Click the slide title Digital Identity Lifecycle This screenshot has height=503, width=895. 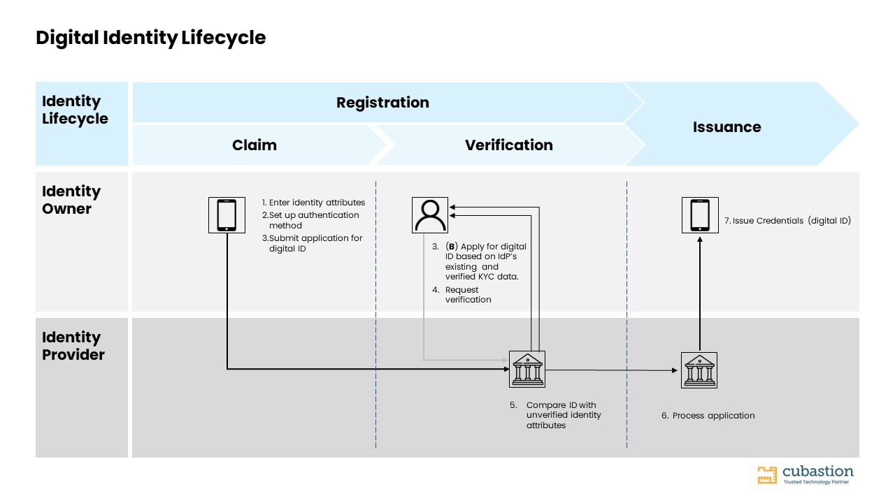pyautogui.click(x=150, y=38)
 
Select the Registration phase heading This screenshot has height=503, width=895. pyautogui.click(x=382, y=103)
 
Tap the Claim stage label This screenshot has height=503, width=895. pyautogui.click(x=254, y=145)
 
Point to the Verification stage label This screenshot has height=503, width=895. pyautogui.click(x=508, y=145)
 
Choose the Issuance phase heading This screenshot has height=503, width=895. pyautogui.click(x=726, y=127)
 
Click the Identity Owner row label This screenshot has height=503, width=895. pyautogui.click(x=71, y=200)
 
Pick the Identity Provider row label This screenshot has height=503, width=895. pyautogui.click(x=73, y=346)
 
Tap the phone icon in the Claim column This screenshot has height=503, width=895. pyautogui.click(x=227, y=215)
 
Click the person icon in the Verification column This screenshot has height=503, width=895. pyautogui.click(x=430, y=215)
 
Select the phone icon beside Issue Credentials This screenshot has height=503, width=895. pyautogui.click(x=700, y=215)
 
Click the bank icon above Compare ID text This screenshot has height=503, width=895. pyautogui.click(x=527, y=370)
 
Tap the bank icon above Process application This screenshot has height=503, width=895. pyautogui.click(x=699, y=370)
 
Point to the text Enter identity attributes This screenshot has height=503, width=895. pyautogui.click(x=317, y=203)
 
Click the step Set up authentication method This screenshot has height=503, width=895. pyautogui.click(x=310, y=220)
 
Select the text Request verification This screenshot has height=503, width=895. pyautogui.click(x=468, y=295)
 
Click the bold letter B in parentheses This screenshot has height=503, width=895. pyautogui.click(x=452, y=247)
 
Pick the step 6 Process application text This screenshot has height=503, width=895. pyautogui.click(x=708, y=416)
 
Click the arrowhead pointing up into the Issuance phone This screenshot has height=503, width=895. pyautogui.click(x=700, y=240)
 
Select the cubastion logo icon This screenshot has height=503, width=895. pyautogui.click(x=767, y=475)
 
